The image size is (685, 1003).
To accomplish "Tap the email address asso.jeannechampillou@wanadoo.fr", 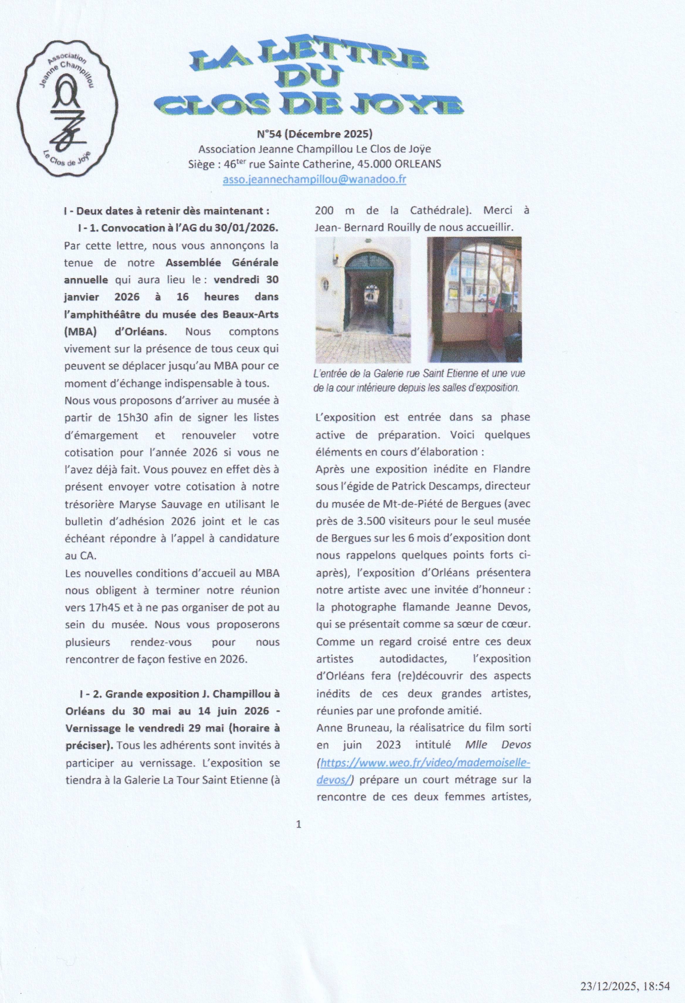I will pyautogui.click(x=314, y=180).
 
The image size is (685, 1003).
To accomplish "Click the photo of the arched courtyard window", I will pyautogui.click(x=474, y=299).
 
